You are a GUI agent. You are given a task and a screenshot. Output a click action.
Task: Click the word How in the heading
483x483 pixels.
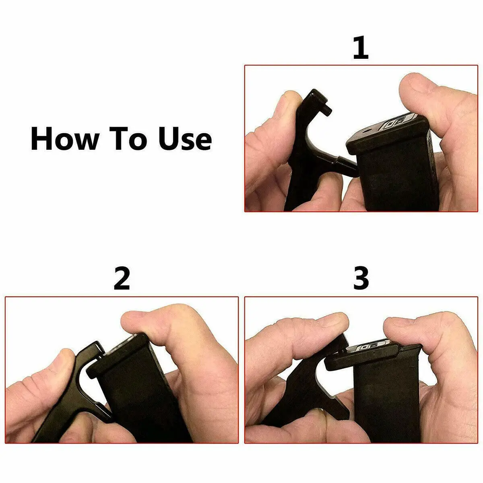coord(64,139)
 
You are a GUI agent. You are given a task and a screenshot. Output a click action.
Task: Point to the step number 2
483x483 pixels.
coord(122,279)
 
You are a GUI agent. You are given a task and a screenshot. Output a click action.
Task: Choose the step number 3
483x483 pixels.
coord(361,279)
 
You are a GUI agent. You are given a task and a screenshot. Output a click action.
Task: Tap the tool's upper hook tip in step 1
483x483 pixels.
coord(327,107)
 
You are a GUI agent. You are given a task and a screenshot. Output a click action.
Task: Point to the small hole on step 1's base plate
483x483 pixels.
coord(368,131)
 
